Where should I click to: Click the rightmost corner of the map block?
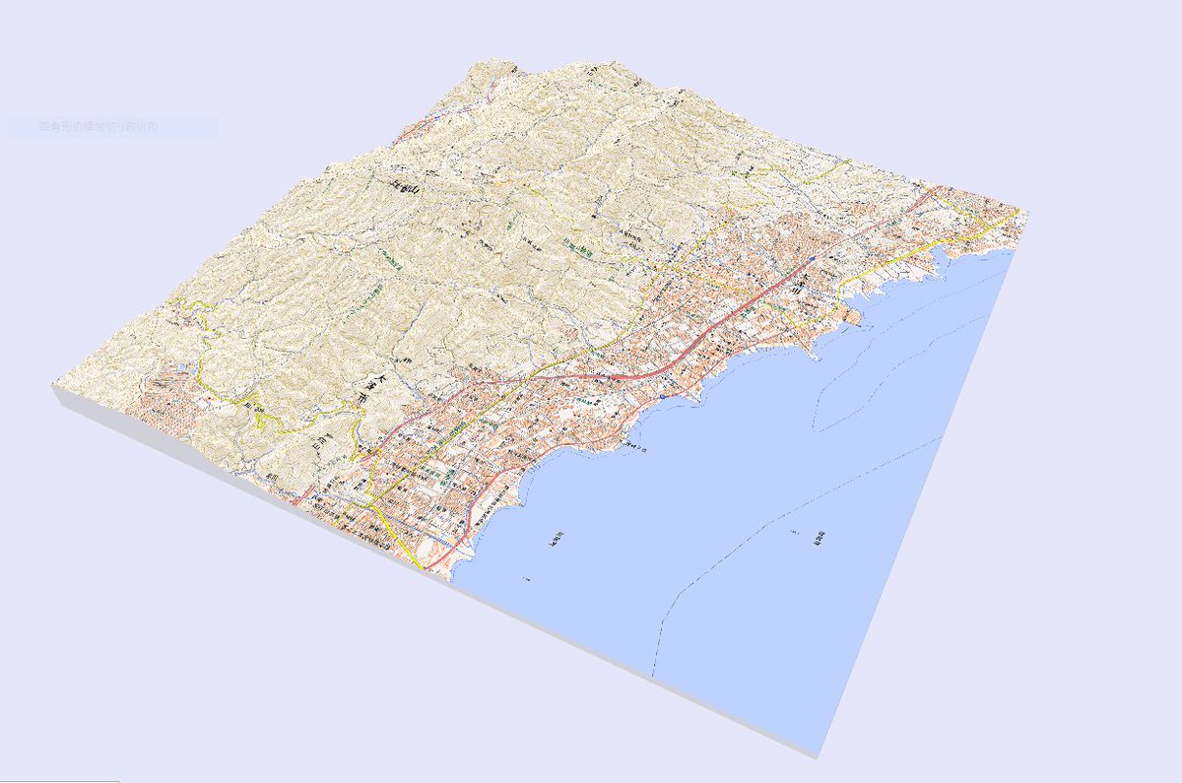point(1028,213)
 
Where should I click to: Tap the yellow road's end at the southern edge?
point(422,567)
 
